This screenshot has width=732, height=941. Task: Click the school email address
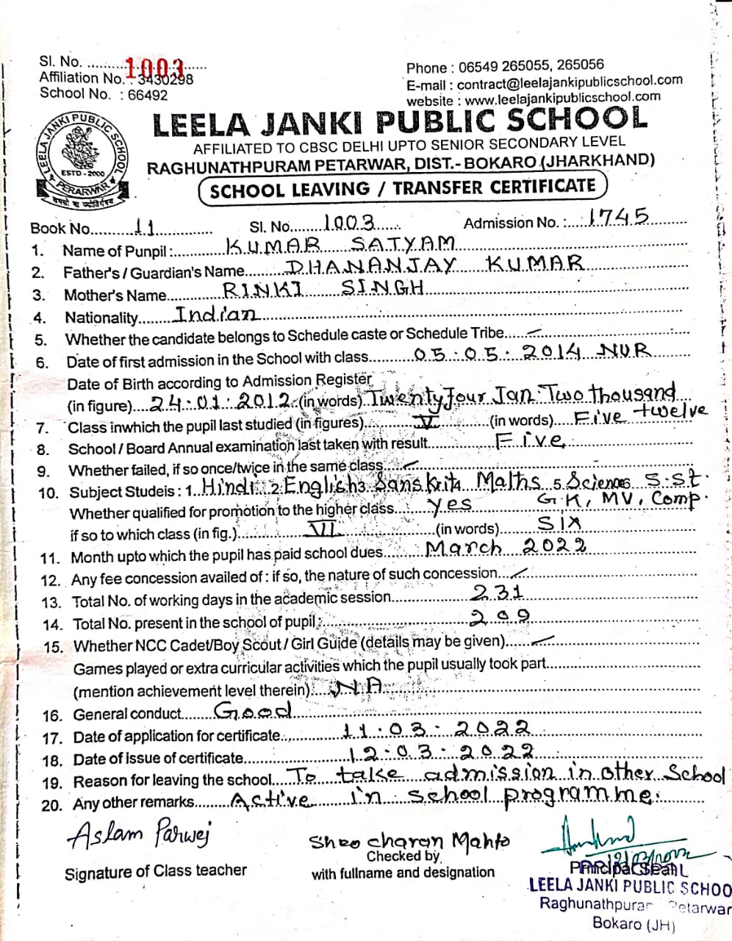pyautogui.click(x=570, y=82)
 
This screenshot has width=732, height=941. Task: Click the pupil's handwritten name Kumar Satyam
pyautogui.click(x=340, y=244)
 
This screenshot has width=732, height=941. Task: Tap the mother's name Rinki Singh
pyautogui.click(x=323, y=289)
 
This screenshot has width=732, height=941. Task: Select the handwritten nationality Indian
pyautogui.click(x=216, y=314)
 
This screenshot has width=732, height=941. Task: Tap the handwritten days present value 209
pyautogui.click(x=501, y=616)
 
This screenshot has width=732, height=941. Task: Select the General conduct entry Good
pyautogui.click(x=254, y=710)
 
